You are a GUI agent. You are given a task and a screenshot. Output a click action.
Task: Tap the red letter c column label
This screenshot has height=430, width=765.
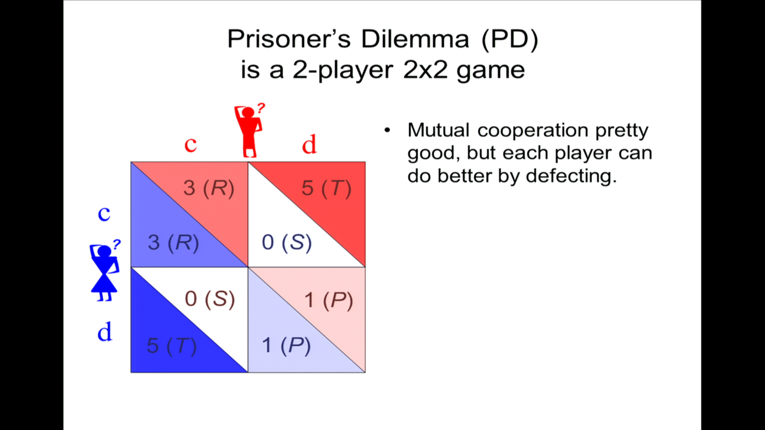pyautogui.click(x=190, y=144)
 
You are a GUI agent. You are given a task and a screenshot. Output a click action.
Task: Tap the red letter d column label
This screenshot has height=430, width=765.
pyautogui.click(x=309, y=144)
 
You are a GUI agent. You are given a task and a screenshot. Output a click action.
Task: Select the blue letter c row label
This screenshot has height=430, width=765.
pyautogui.click(x=104, y=214)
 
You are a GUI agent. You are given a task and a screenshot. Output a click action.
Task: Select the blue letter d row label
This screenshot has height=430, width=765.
pyautogui.click(x=105, y=332)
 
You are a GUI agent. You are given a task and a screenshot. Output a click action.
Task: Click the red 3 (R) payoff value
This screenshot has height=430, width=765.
pyautogui.click(x=209, y=188)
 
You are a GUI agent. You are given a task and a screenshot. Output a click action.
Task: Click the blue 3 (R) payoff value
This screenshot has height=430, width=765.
pyautogui.click(x=173, y=242)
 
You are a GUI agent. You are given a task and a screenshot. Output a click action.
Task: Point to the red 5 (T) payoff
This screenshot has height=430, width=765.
pyautogui.click(x=326, y=188)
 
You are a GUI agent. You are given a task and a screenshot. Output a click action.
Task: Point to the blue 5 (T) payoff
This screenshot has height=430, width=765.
pyautogui.click(x=172, y=346)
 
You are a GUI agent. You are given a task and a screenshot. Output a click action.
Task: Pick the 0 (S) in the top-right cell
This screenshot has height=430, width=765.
pyautogui.click(x=287, y=242)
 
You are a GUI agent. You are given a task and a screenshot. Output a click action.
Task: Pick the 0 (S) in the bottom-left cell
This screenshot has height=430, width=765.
pyautogui.click(x=210, y=299)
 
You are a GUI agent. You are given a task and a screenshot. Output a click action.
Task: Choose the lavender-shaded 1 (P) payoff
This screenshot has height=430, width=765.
pyautogui.click(x=286, y=345)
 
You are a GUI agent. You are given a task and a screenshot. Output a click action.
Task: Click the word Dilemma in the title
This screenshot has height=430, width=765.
pyautogui.click(x=415, y=39)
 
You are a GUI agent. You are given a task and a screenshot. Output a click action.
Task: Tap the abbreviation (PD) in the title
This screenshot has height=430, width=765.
pyautogui.click(x=510, y=40)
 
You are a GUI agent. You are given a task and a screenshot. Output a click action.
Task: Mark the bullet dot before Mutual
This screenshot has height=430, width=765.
pyautogui.click(x=387, y=130)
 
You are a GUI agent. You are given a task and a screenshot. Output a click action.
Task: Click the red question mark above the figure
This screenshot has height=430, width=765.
pyautogui.click(x=261, y=108)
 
